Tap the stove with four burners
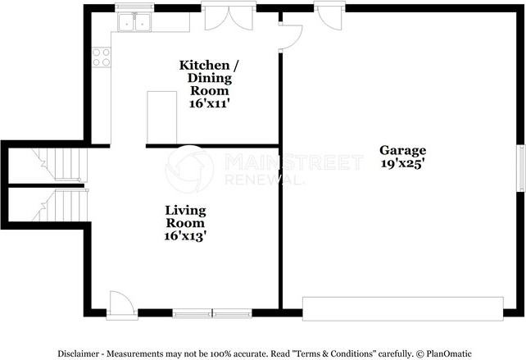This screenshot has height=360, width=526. point(102,57)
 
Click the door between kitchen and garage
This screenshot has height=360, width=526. point(291,35)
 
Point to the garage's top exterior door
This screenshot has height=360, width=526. point(327,16)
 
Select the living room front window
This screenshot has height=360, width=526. point(212,312)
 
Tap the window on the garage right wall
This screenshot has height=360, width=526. point(520,169)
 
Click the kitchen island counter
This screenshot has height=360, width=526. point(161,118)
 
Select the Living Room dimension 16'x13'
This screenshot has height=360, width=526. point(185,235)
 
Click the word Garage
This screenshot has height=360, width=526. point(402,150)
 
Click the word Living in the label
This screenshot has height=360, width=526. point(185,210)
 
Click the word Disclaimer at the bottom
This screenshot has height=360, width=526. point(81,353)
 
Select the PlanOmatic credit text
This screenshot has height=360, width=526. point(447,353)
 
